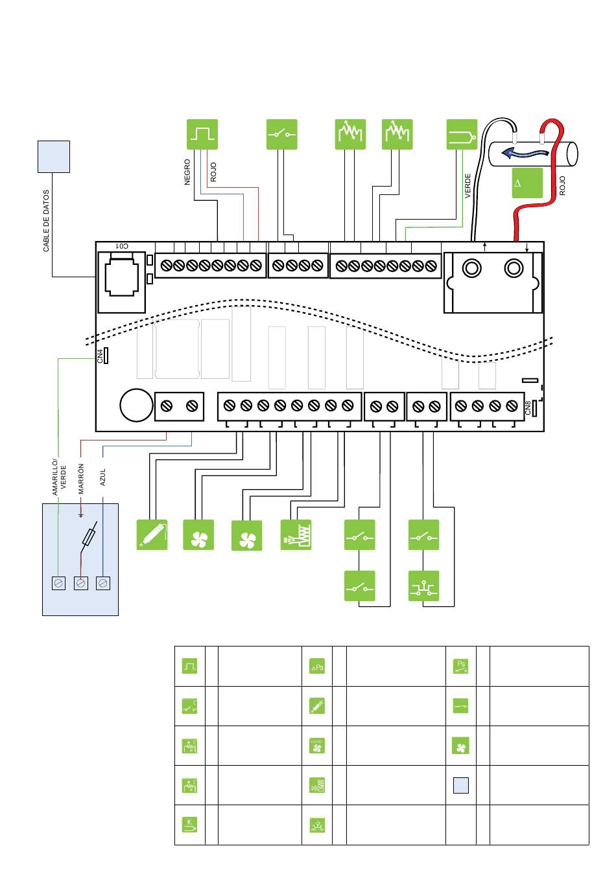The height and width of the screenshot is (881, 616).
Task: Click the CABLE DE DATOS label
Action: [x=46, y=221]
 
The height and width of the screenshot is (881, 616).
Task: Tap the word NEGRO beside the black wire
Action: [x=187, y=172]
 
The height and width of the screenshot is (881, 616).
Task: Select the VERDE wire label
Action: [x=468, y=186]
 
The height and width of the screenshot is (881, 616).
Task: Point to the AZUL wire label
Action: [x=102, y=477]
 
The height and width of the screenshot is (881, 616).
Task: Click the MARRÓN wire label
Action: [x=80, y=478]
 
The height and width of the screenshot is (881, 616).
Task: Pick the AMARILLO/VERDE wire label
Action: [x=58, y=476]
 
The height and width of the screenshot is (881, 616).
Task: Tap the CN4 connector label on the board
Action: [x=100, y=356]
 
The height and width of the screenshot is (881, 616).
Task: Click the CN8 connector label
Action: [x=528, y=407]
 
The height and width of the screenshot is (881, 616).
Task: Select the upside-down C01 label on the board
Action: [x=122, y=246]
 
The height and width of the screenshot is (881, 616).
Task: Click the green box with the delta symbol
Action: [x=527, y=183]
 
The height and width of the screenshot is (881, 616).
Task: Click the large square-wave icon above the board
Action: [x=202, y=135]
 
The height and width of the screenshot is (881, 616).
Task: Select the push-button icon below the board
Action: [x=423, y=586]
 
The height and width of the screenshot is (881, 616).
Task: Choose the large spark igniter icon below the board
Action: [x=152, y=534]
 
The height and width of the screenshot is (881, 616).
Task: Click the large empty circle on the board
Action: [x=136, y=405]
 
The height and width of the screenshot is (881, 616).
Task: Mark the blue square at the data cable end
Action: [x=54, y=157]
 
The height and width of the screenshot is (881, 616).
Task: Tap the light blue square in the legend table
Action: [x=461, y=785]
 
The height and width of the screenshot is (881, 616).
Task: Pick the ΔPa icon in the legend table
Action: [x=317, y=666]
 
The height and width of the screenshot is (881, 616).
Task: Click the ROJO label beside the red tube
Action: [x=562, y=185]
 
